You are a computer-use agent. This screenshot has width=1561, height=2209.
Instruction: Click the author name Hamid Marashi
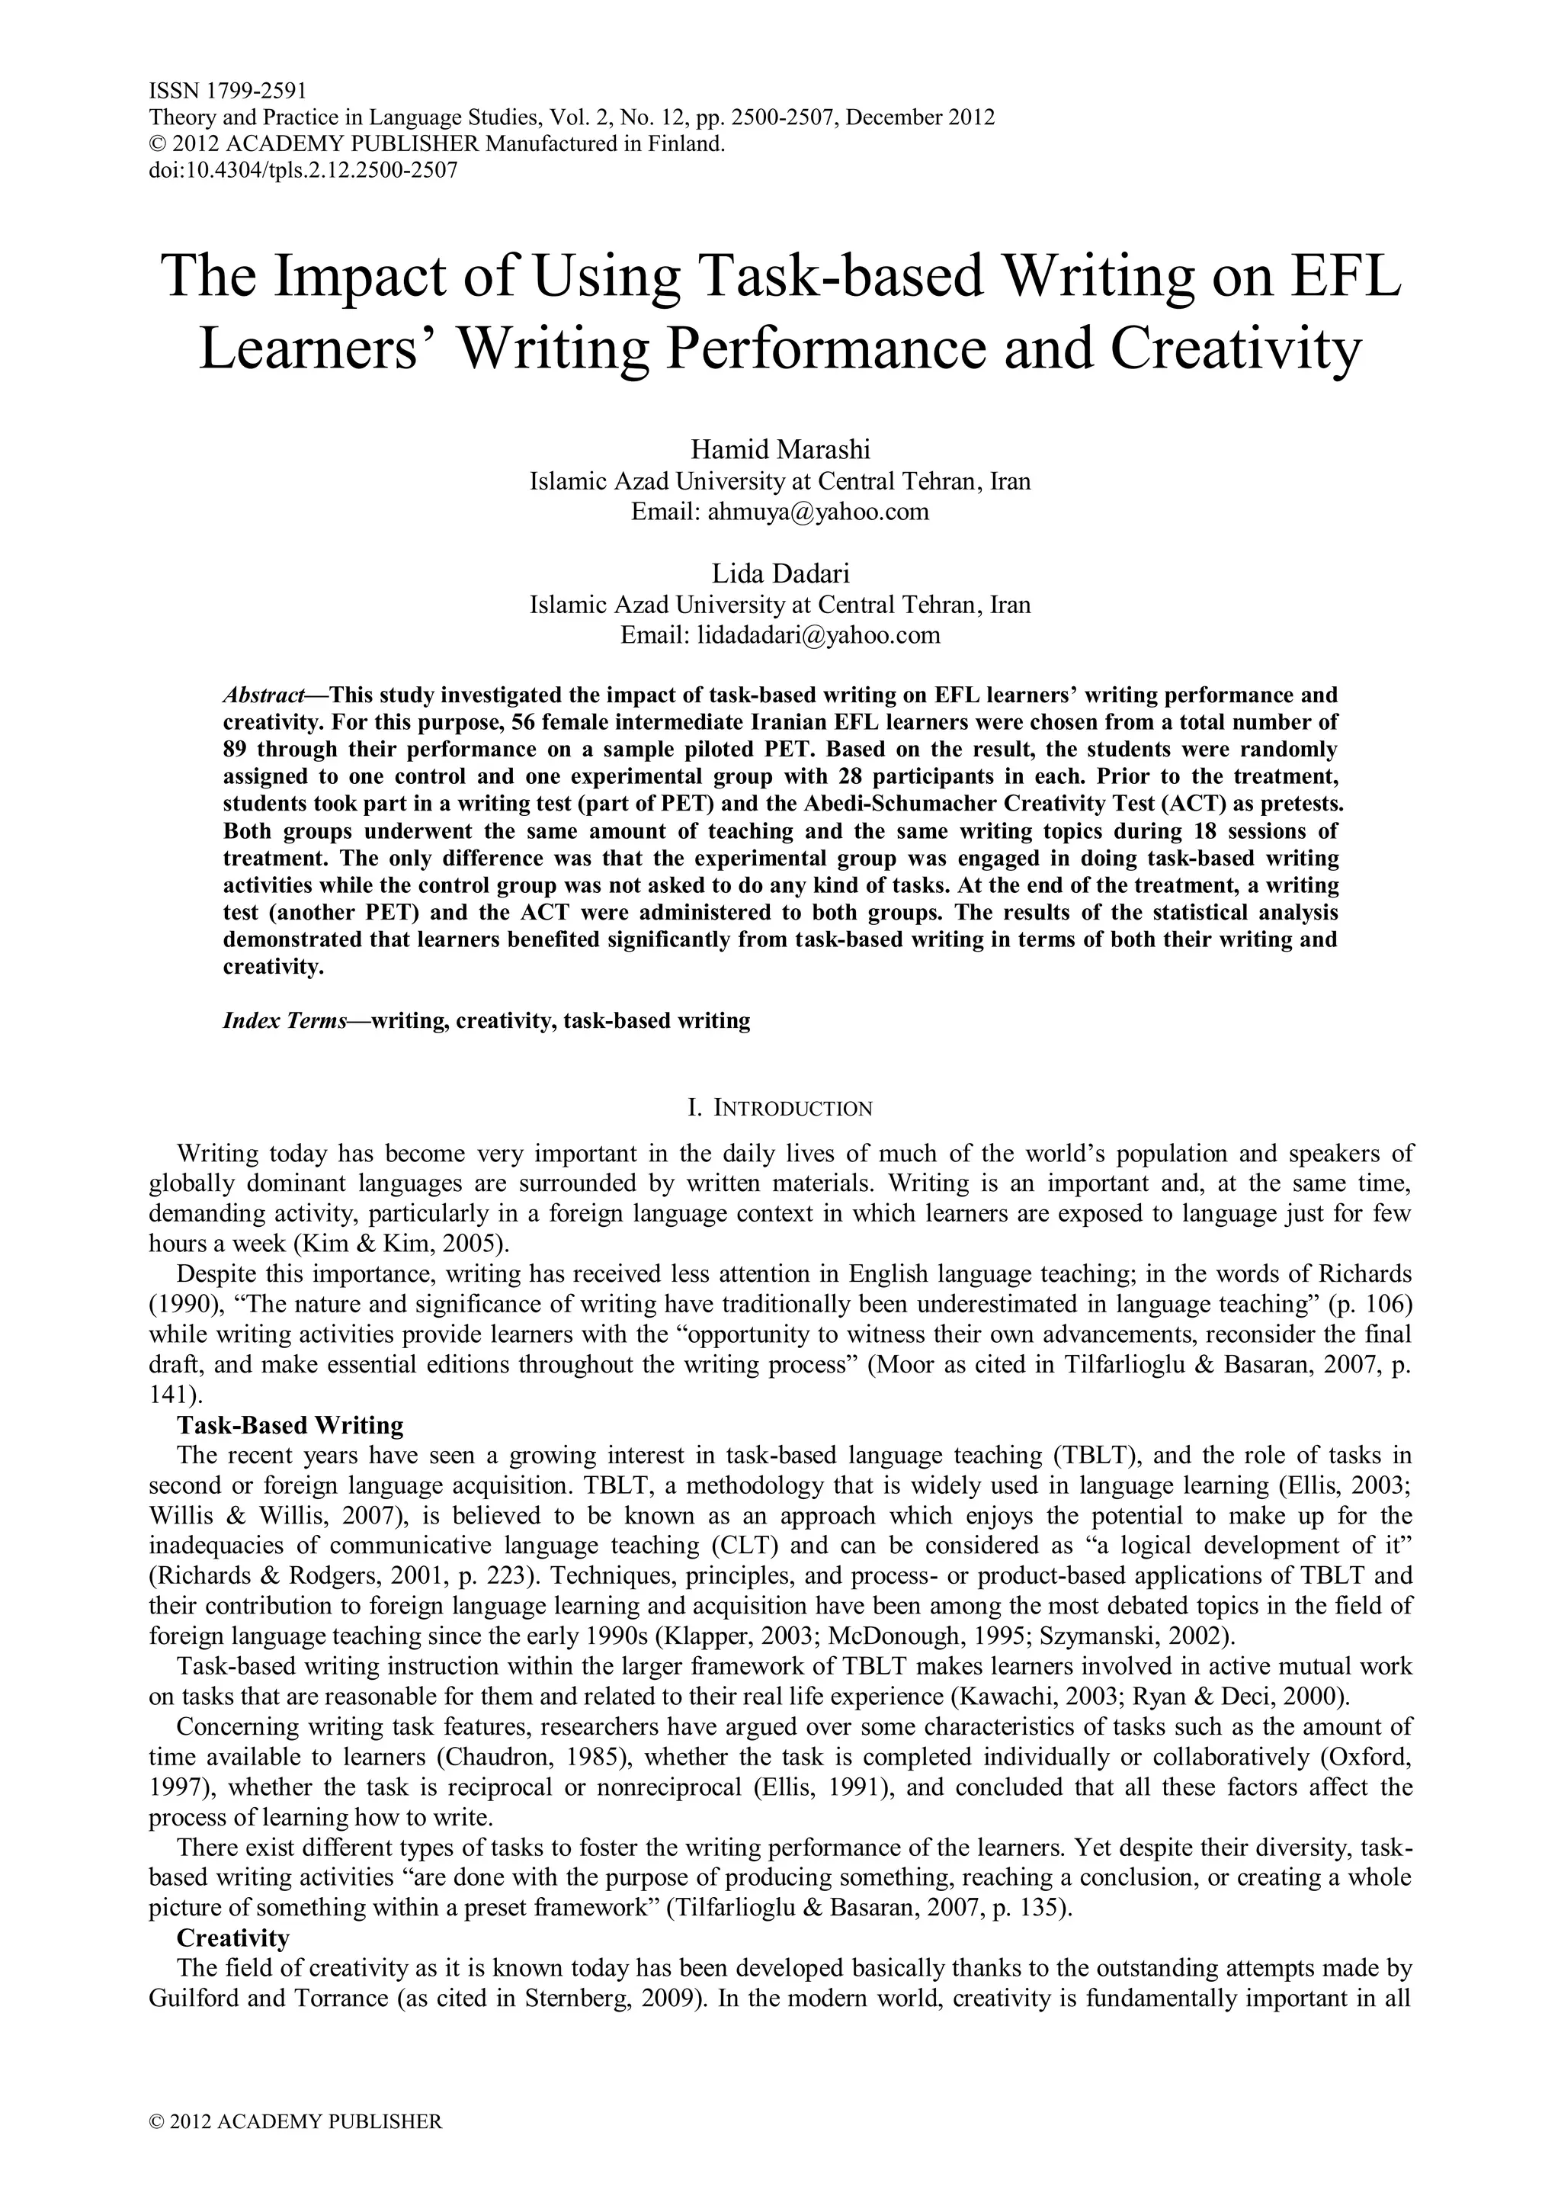780,449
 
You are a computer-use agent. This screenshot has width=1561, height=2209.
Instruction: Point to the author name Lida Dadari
780,573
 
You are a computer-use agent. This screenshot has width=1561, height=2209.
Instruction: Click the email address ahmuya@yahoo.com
818,511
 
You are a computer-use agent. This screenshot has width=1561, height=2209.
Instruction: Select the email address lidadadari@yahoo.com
819,635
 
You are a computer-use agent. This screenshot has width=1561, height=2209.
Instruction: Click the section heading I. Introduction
780,1109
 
